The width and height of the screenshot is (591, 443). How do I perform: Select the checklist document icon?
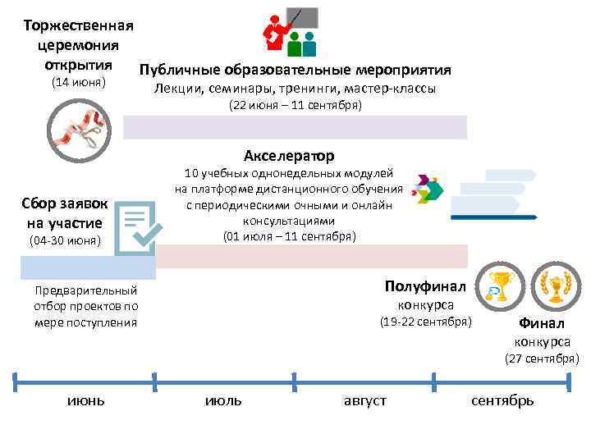[x=135, y=230]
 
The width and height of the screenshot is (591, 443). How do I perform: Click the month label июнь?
[x=85, y=400]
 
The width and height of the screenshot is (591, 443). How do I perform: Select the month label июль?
[x=222, y=400]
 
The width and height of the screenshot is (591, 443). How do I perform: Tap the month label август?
[x=364, y=400]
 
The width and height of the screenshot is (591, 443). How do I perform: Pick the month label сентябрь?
[x=502, y=400]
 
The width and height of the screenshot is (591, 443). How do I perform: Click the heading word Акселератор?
[x=289, y=155]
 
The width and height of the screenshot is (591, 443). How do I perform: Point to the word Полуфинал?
[x=425, y=286]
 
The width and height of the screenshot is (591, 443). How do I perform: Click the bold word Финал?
[x=542, y=323]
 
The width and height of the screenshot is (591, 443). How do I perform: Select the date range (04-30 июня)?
[x=64, y=241]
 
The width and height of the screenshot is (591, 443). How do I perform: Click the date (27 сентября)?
[x=541, y=359]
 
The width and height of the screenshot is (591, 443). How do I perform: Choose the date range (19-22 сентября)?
[x=425, y=322]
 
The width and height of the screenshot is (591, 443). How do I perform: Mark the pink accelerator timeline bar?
[x=311, y=257]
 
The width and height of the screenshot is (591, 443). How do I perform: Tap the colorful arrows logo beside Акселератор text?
[x=428, y=188]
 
